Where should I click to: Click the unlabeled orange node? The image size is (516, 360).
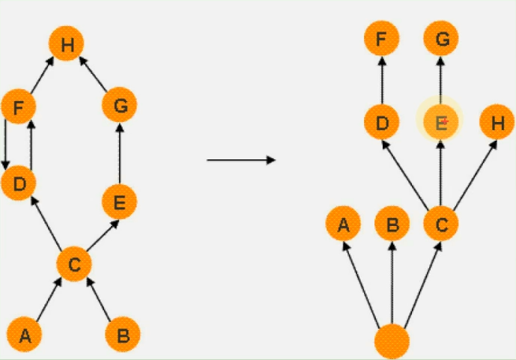pos(392,341)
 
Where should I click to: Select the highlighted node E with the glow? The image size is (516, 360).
pos(440,121)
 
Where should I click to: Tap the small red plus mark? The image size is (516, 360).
pos(445,121)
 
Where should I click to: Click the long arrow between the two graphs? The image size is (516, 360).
pos(241,160)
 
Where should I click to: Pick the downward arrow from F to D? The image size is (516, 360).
pos(5,144)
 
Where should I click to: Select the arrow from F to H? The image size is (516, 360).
pos(42,75)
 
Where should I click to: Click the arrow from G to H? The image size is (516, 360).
pos(93,73)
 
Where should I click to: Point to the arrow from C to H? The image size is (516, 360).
pos(476,175)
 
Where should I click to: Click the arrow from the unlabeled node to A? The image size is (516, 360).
pos(361,284)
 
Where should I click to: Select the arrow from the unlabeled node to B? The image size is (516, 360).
pos(392,283)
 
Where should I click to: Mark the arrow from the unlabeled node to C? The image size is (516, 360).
pos(422,284)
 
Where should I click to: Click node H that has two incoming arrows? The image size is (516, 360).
pos(67,43)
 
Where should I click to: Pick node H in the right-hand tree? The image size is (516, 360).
pos(497,122)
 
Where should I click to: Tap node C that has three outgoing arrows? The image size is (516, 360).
pos(441,224)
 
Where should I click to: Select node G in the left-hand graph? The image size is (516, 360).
pos(120,105)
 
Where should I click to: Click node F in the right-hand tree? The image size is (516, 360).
pos(382,38)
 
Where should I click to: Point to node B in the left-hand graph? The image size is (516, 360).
pos(123,335)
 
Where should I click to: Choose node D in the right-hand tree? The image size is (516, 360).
pos(382,122)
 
